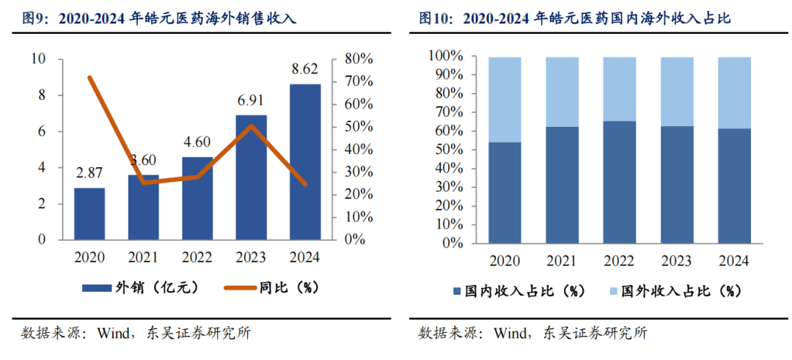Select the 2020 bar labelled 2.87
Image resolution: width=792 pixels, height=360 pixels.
89,213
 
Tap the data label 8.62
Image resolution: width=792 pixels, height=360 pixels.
304,70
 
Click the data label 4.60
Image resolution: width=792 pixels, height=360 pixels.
197,144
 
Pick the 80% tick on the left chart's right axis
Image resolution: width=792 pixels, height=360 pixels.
359,59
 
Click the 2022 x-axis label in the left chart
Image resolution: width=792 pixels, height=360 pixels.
197,258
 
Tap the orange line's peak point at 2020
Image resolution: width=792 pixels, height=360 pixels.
89,77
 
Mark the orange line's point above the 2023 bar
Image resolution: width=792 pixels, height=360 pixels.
251,126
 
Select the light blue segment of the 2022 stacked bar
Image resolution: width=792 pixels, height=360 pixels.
620,89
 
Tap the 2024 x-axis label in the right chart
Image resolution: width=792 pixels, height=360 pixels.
734,261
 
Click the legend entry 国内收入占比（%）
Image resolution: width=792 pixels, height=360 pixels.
520,291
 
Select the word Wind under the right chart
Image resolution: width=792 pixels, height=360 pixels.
512,334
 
